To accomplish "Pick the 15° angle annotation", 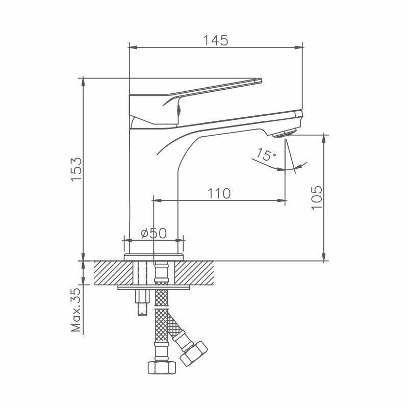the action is [x=266, y=155].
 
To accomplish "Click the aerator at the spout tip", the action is [x=282, y=134].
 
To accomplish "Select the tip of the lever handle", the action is [x=259, y=80].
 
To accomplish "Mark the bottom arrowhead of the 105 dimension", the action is [x=323, y=258].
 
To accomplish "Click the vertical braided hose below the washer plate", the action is [x=161, y=326].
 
